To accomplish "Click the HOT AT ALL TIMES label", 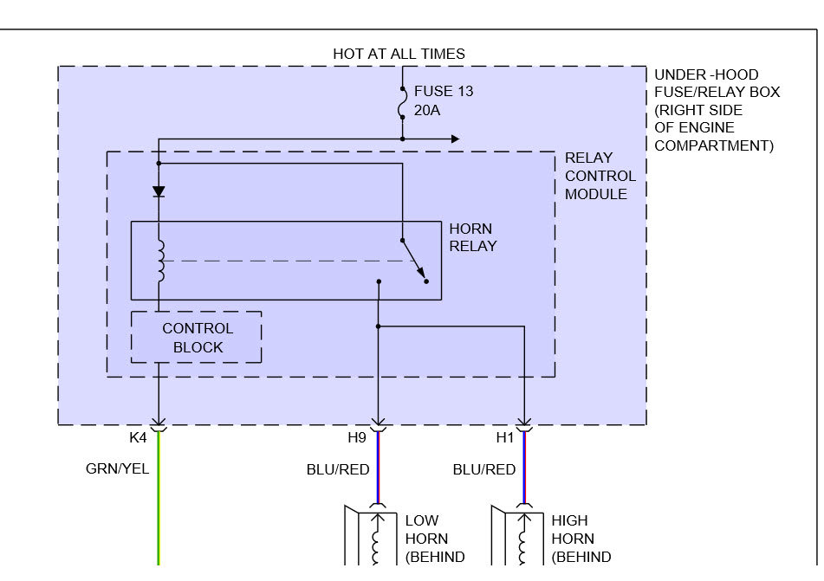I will (399, 54).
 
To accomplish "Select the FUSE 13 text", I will (444, 91).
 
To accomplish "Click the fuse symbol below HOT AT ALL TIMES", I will (403, 106).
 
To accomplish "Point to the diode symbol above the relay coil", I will (159, 192).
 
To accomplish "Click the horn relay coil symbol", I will (159, 261).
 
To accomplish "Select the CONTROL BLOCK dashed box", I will (197, 338).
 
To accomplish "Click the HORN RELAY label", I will (472, 237).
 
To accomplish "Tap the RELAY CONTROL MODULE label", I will (600, 176).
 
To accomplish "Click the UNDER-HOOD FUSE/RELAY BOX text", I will (716, 110).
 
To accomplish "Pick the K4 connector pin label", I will (138, 438).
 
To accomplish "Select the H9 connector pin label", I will (357, 438).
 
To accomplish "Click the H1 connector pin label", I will (505, 438).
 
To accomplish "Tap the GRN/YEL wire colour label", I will (117, 469).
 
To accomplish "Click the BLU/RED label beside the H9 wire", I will (338, 469).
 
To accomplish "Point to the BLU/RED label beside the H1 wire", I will (484, 469).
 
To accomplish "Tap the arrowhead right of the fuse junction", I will (454, 139).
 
